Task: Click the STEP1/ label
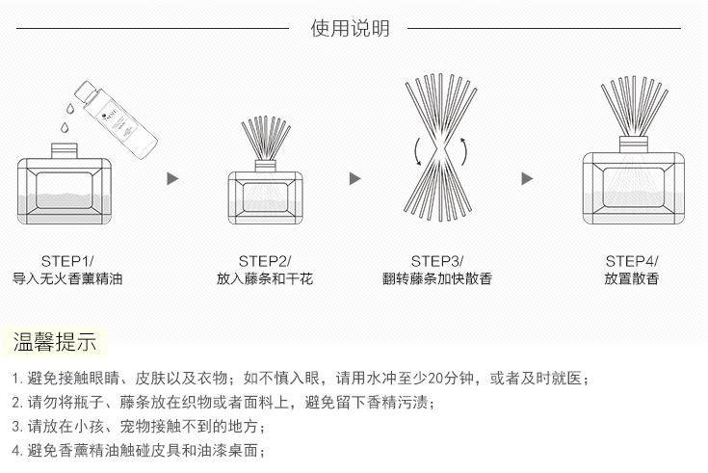click(x=67, y=261)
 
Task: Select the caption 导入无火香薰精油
click(x=67, y=279)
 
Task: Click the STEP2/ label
click(x=264, y=261)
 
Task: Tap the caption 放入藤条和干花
click(x=264, y=279)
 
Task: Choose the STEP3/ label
click(x=437, y=261)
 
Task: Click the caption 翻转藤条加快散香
click(x=437, y=279)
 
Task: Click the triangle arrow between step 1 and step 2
click(x=173, y=178)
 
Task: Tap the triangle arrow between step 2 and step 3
click(x=354, y=178)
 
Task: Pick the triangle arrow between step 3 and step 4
click(x=527, y=178)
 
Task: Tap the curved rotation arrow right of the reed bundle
click(x=463, y=152)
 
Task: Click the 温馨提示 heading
click(x=54, y=342)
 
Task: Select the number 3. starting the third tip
click(x=16, y=426)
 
